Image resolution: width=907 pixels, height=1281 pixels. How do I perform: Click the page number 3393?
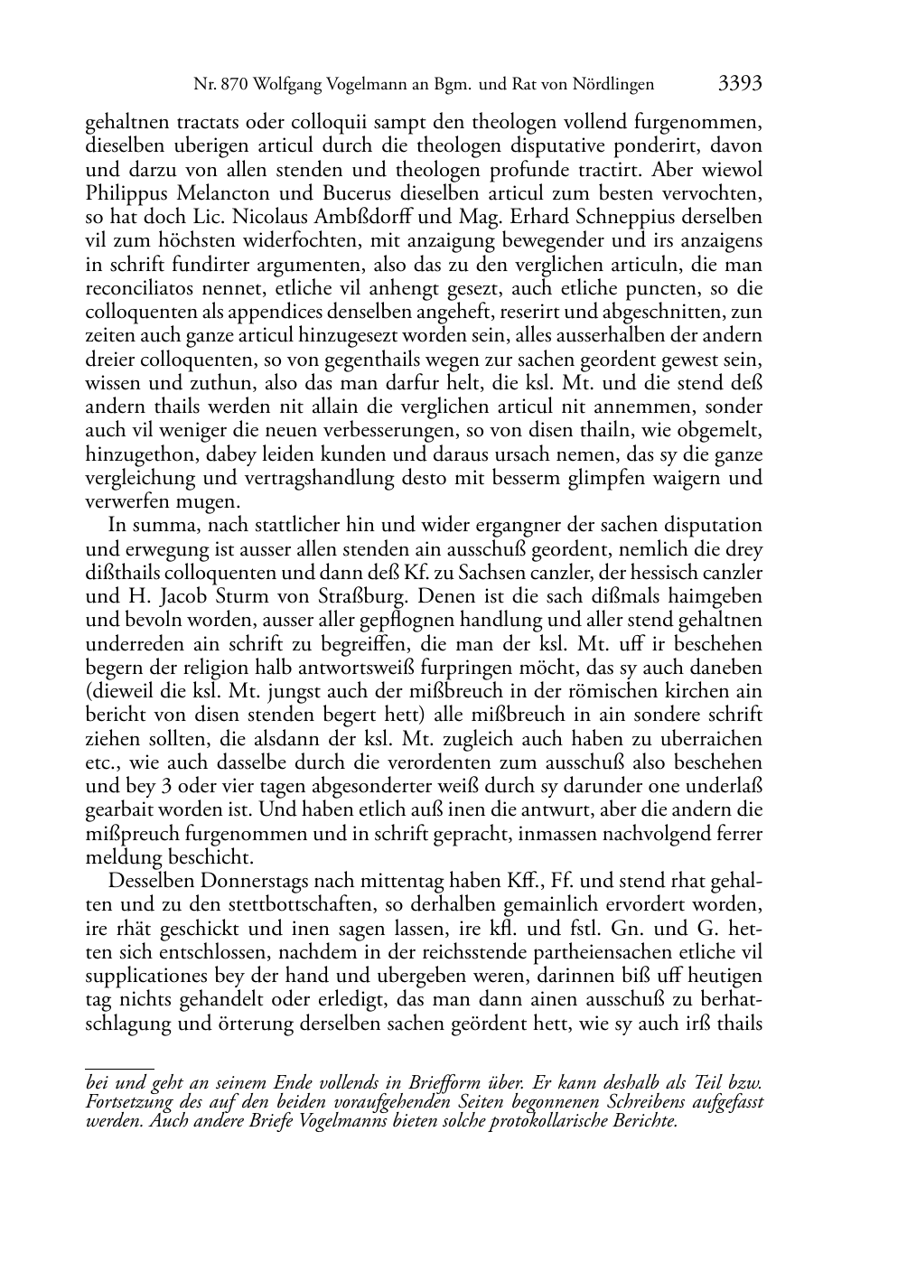(x=740, y=85)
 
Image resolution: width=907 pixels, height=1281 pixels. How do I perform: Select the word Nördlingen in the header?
(x=613, y=86)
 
